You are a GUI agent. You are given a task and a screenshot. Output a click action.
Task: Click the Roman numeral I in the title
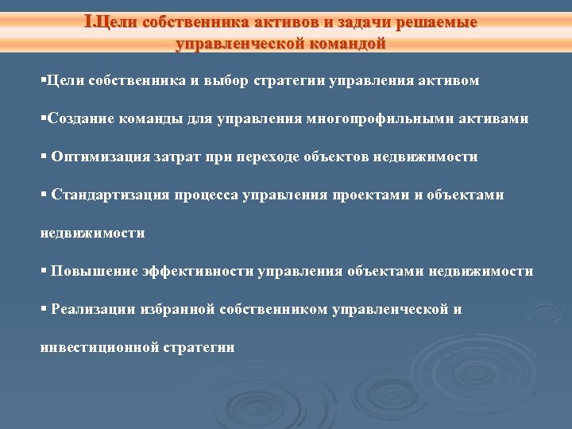click(x=87, y=22)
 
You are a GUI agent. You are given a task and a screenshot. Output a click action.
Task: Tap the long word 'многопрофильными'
click(x=387, y=118)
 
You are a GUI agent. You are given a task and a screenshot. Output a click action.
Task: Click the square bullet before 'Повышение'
click(x=44, y=272)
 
